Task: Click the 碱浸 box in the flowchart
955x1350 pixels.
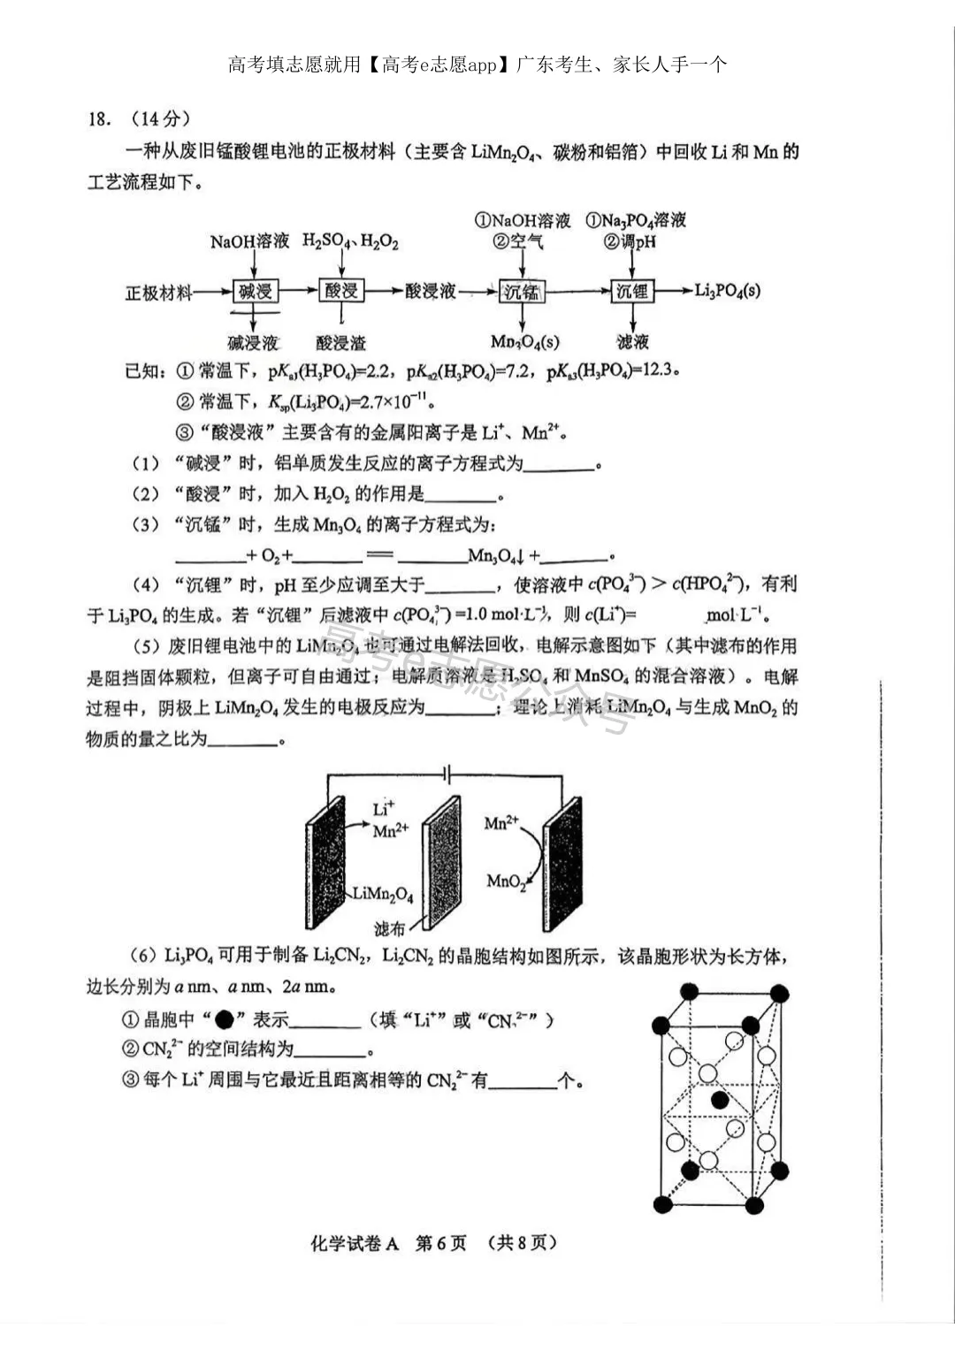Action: pyautogui.click(x=256, y=291)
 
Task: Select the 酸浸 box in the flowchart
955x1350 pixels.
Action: pyautogui.click(x=340, y=291)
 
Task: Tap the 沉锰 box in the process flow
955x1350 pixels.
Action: pyautogui.click(x=522, y=291)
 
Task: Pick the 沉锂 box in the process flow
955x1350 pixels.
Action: pyautogui.click(x=631, y=291)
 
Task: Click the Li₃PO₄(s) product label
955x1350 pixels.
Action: pyautogui.click(x=727, y=290)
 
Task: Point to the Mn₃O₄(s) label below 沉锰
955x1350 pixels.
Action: pyautogui.click(x=524, y=342)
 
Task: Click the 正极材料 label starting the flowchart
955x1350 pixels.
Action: pyautogui.click(x=158, y=292)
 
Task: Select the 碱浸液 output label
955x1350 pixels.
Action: pyautogui.click(x=253, y=342)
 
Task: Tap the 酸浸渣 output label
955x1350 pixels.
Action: pyautogui.click(x=340, y=342)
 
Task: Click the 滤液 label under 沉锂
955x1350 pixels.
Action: pyautogui.click(x=632, y=342)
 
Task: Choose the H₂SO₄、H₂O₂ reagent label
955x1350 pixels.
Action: pyautogui.click(x=350, y=240)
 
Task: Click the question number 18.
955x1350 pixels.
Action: pyautogui.click(x=99, y=119)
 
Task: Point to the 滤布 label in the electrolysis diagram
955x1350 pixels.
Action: pyautogui.click(x=389, y=928)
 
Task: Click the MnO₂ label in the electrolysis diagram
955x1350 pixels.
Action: pyautogui.click(x=506, y=881)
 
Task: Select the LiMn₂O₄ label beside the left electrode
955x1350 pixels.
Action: pyautogui.click(x=382, y=894)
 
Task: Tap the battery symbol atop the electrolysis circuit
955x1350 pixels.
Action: pyautogui.click(x=447, y=775)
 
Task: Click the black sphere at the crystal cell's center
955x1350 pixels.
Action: pyautogui.click(x=720, y=1100)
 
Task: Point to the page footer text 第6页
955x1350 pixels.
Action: pyautogui.click(x=440, y=1242)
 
